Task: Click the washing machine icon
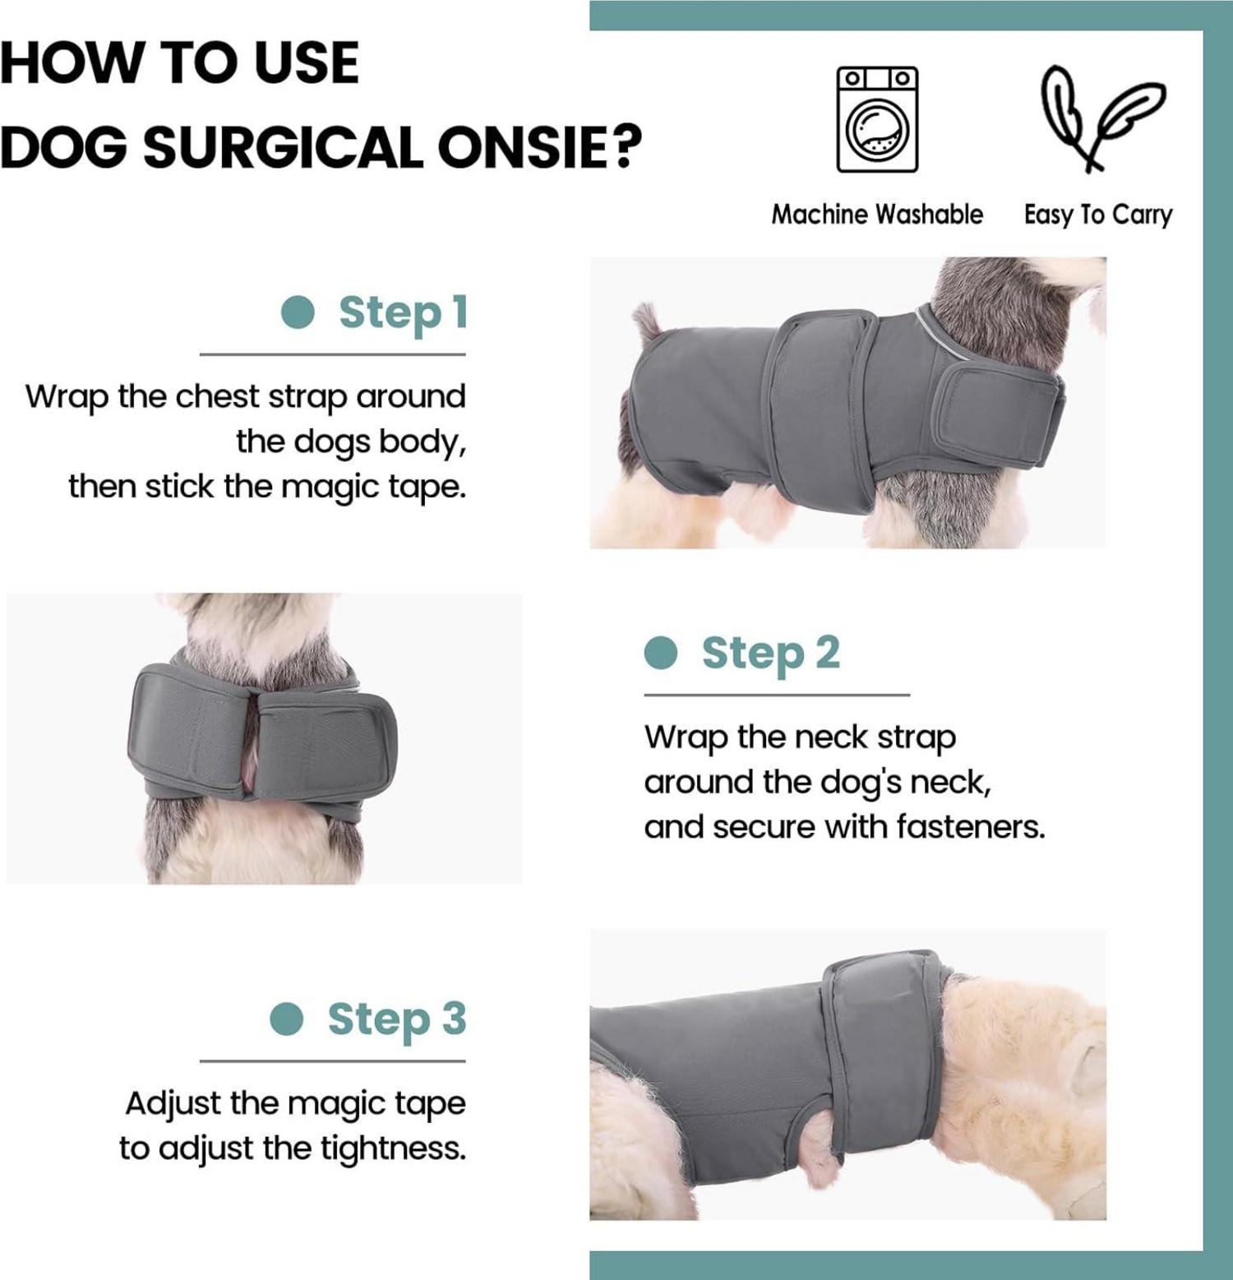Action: point(877,120)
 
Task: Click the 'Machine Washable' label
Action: point(877,215)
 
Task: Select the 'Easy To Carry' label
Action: point(1098,215)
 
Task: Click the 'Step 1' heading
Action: point(403,313)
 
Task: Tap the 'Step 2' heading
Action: point(771,654)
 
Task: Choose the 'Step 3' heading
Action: point(397,1019)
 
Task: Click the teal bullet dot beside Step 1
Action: point(298,312)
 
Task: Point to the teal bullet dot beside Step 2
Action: point(661,654)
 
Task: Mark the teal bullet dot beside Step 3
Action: point(287,1019)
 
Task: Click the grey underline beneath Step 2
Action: point(777,695)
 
